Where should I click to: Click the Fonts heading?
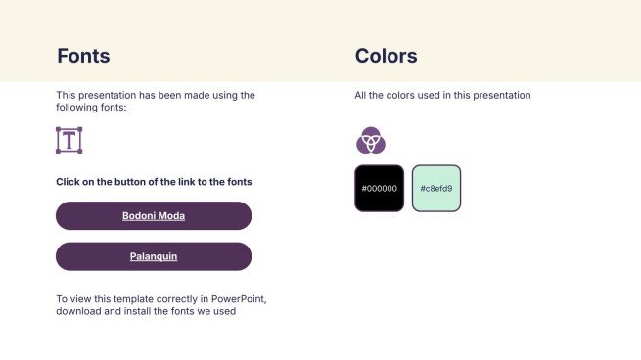[83, 56]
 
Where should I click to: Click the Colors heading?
[386, 56]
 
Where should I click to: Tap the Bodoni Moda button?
[154, 215]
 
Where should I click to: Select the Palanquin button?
[154, 256]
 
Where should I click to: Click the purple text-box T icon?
[69, 140]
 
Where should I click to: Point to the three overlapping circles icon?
[370, 141]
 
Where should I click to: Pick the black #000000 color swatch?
[379, 188]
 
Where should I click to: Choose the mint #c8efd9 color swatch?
[435, 188]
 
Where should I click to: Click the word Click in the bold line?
[69, 182]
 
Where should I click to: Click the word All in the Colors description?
[361, 96]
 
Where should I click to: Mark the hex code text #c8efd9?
[435, 188]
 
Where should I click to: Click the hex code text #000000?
[379, 188]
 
